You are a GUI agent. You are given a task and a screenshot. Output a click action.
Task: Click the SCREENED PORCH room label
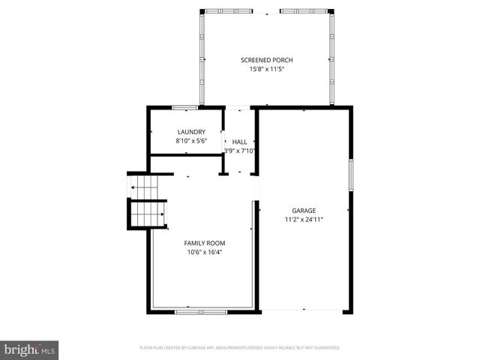click(x=266, y=60)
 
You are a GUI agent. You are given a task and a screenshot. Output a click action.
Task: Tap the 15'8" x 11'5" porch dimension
click(x=266, y=69)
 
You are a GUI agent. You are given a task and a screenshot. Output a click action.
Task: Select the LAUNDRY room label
click(x=190, y=132)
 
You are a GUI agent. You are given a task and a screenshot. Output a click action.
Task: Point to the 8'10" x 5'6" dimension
click(x=190, y=141)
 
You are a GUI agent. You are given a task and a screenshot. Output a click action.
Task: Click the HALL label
click(x=239, y=142)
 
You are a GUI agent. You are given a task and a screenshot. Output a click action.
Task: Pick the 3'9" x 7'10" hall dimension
click(x=239, y=151)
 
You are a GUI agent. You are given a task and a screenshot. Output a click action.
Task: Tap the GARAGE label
click(x=304, y=211)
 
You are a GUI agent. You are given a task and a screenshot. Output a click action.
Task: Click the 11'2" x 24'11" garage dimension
click(x=304, y=220)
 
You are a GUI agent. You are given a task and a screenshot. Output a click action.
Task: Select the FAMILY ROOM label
click(x=205, y=243)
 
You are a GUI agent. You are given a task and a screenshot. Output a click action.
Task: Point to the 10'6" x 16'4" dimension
click(x=205, y=252)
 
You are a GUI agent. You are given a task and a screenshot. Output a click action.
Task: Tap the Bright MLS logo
click(x=30, y=349)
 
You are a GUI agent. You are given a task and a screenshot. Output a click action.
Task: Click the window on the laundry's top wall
click(x=184, y=107)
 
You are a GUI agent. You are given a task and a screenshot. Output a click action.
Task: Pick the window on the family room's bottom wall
click(x=200, y=310)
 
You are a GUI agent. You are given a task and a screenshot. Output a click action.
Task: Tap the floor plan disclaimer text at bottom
click(x=240, y=348)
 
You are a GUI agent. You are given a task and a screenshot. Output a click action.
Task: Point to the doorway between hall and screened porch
click(x=238, y=107)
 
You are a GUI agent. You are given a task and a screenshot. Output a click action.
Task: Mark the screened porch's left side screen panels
click(x=202, y=58)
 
